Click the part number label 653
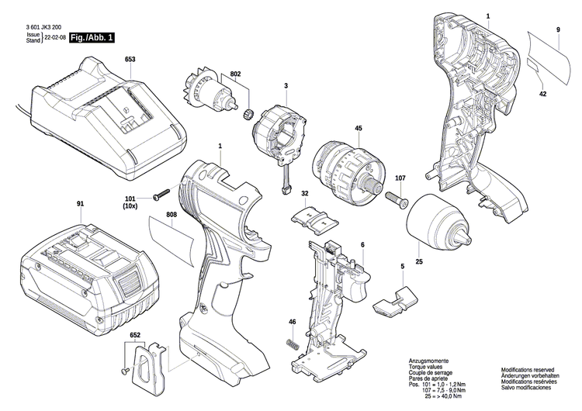coord(130,60)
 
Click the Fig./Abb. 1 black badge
coord(91,37)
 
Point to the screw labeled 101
coord(162,193)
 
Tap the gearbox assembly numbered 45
coord(345,166)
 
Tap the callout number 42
coord(542,93)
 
